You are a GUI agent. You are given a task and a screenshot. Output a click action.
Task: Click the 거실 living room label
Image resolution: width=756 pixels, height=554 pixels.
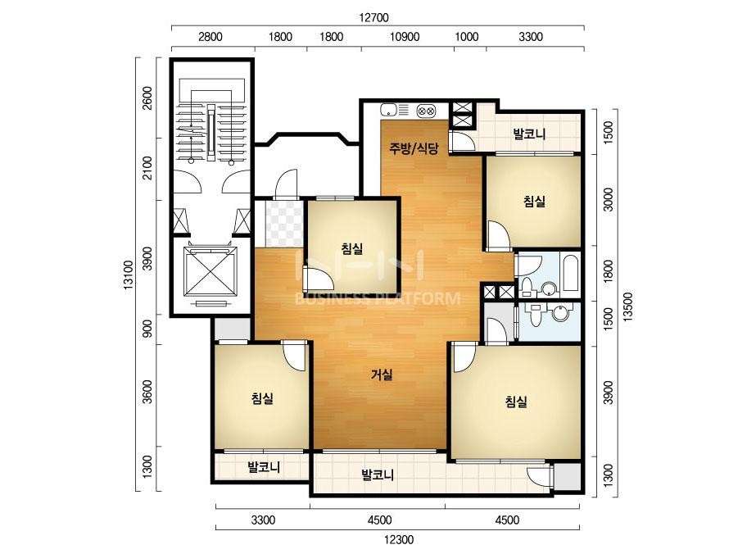pyautogui.click(x=382, y=375)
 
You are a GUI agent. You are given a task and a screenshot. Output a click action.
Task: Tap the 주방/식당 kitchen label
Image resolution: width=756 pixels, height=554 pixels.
pyautogui.click(x=414, y=148)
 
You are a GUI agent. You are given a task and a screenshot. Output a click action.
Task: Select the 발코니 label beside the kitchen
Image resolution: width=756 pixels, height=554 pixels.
pyautogui.click(x=529, y=134)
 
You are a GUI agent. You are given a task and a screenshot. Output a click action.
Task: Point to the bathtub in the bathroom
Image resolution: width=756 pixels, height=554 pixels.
pyautogui.click(x=570, y=273)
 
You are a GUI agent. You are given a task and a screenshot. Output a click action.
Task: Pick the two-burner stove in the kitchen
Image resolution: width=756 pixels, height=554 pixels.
pyautogui.click(x=426, y=111)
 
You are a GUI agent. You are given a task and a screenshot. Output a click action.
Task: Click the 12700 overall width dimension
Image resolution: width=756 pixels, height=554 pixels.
pyautogui.click(x=373, y=18)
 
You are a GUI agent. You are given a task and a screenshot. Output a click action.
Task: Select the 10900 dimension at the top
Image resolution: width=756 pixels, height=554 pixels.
pyautogui.click(x=405, y=37)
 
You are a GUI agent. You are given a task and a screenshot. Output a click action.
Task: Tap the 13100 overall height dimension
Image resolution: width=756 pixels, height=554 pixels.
pyautogui.click(x=129, y=275)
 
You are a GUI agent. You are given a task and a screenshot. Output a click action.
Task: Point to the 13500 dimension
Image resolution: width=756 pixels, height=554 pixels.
pyautogui.click(x=627, y=307)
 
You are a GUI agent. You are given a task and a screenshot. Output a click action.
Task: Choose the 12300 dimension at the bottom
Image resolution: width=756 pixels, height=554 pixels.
pyautogui.click(x=399, y=539)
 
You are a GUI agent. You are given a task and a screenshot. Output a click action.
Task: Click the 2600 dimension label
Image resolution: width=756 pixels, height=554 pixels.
pyautogui.click(x=147, y=98)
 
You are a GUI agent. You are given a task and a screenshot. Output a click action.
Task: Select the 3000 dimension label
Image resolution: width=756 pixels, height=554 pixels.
pyautogui.click(x=609, y=199)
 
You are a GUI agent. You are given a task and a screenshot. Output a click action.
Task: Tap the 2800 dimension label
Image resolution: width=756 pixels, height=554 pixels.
pyautogui.click(x=211, y=37)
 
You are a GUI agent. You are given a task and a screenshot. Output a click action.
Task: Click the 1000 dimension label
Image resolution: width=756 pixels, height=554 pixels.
pyautogui.click(x=467, y=37)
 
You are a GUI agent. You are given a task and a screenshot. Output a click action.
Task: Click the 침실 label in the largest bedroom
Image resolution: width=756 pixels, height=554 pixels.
pyautogui.click(x=516, y=402)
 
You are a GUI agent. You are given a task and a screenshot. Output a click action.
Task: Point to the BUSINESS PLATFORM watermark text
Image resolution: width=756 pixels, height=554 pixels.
pyautogui.click(x=378, y=299)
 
